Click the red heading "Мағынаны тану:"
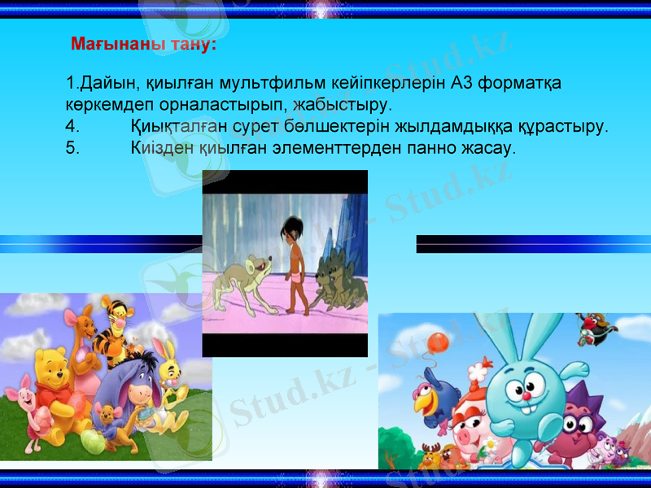(143, 44)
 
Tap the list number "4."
(72, 127)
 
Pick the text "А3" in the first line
(461, 83)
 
